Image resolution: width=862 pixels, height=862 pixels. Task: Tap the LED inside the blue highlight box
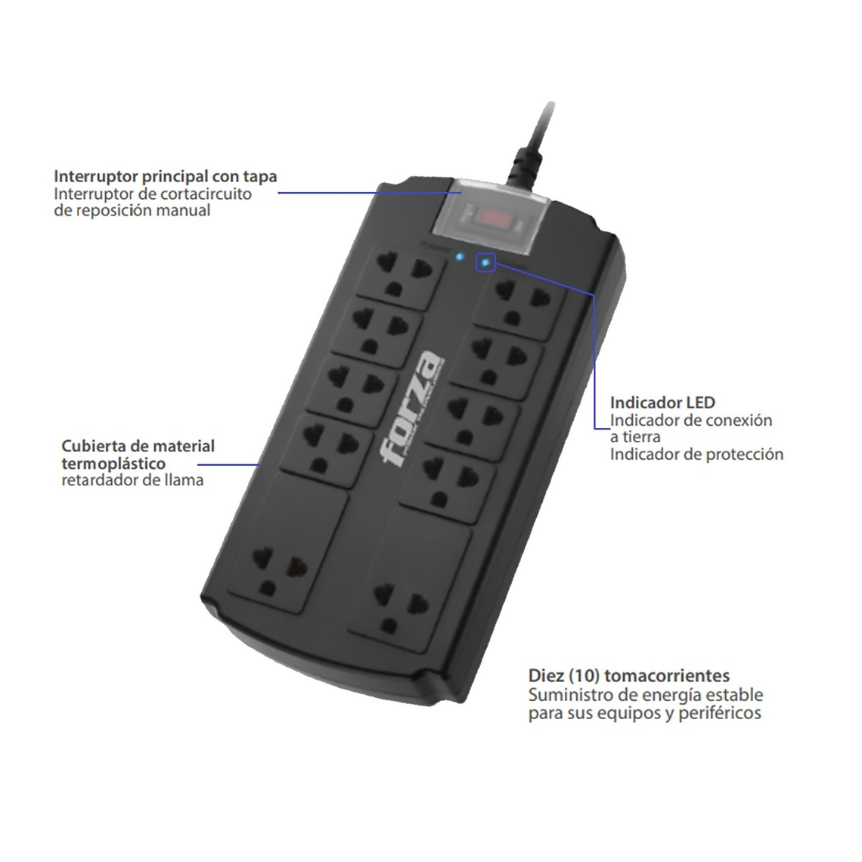[485, 262]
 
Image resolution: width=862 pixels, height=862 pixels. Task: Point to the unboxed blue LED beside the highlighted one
[459, 257]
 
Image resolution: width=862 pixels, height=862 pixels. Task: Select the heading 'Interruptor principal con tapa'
[165, 176]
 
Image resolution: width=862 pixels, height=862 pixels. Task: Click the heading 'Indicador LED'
[662, 402]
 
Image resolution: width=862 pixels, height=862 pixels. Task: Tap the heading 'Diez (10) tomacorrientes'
[629, 675]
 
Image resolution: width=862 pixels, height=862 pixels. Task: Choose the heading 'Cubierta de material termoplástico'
[138, 454]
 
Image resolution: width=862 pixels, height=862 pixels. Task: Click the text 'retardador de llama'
[132, 479]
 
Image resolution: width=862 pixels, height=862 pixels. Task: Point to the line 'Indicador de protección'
[696, 454]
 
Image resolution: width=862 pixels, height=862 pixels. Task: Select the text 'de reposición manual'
[132, 210]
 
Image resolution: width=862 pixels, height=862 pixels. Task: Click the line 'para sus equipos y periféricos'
[644, 713]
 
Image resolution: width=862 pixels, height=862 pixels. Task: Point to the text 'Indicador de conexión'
[691, 420]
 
